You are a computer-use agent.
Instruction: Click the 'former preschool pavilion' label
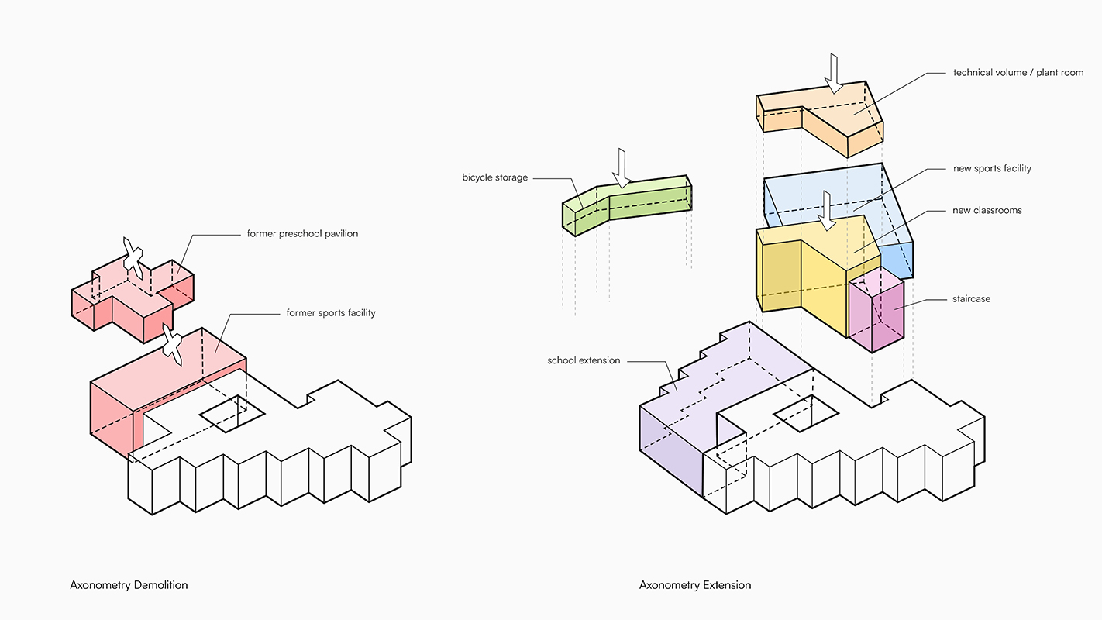(302, 234)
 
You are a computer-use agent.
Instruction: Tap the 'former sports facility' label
(331, 313)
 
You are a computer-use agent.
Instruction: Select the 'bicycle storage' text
(494, 177)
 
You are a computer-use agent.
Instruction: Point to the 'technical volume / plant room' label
(1018, 72)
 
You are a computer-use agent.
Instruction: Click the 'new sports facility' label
(992, 168)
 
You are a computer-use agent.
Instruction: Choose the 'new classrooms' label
(987, 210)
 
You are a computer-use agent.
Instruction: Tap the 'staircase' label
(971, 298)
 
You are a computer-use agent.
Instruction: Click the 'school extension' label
(584, 360)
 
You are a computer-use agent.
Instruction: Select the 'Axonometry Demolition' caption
(129, 585)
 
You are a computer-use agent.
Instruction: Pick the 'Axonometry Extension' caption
(694, 585)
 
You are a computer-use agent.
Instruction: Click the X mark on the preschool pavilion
(133, 259)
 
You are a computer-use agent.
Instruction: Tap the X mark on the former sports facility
(172, 344)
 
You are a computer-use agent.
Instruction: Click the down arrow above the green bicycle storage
(622, 168)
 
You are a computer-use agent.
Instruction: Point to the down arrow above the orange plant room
(833, 74)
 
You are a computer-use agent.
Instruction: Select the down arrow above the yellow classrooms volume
(826, 211)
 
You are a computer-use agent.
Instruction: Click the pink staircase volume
(876, 310)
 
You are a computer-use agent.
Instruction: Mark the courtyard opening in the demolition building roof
(232, 414)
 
